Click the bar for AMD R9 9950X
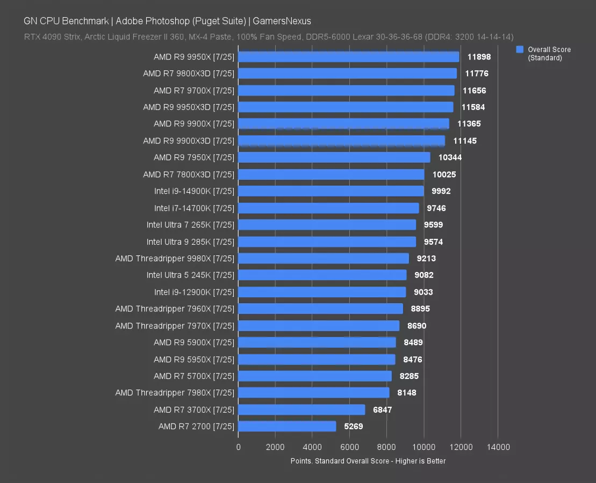tap(348, 57)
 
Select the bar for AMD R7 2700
tap(287, 427)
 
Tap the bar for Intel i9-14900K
tap(331, 191)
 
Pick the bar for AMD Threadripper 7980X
tap(314, 393)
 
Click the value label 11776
tap(477, 74)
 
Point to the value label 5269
tap(354, 427)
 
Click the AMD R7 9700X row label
tap(194, 90)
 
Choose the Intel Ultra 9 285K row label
tap(190, 241)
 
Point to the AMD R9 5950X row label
tap(194, 359)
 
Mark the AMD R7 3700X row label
tap(194, 409)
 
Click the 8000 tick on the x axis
tap(386, 447)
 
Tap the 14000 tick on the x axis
tap(498, 447)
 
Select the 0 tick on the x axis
tap(238, 447)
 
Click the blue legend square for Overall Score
tap(520, 49)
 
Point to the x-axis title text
tap(368, 461)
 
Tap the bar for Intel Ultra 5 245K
tap(322, 275)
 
